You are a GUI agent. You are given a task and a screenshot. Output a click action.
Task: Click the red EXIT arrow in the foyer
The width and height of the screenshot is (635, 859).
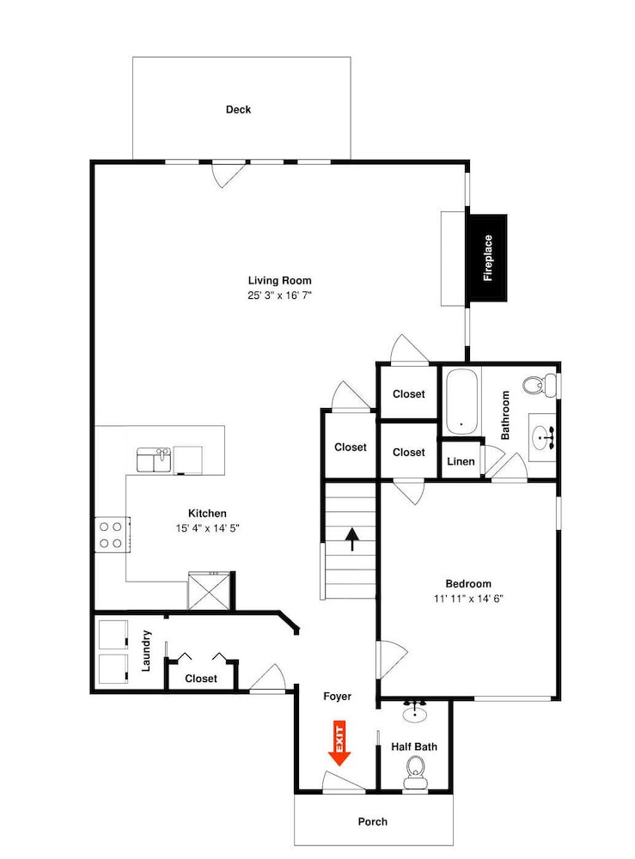pyautogui.click(x=339, y=744)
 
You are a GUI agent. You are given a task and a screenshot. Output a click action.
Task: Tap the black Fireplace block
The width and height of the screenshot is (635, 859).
pyautogui.click(x=487, y=258)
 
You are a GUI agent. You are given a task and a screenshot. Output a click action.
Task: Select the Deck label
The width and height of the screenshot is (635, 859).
pyautogui.click(x=238, y=110)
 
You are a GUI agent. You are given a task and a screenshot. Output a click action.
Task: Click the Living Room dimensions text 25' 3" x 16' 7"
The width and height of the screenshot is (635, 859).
pyautogui.click(x=279, y=295)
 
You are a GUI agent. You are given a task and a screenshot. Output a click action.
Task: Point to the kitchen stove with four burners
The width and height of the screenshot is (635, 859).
pyautogui.click(x=112, y=535)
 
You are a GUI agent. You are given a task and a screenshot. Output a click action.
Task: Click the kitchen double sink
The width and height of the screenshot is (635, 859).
pyautogui.click(x=154, y=460)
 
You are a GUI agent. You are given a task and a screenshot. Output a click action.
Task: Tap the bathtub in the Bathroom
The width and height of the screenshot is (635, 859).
pyautogui.click(x=461, y=401)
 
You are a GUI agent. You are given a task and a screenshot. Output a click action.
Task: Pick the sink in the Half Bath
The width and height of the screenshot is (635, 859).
pyautogui.click(x=415, y=711)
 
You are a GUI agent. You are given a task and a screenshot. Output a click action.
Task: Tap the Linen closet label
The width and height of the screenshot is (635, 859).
pyautogui.click(x=461, y=461)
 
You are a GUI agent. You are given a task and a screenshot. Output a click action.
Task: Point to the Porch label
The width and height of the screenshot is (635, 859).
pyautogui.click(x=373, y=822)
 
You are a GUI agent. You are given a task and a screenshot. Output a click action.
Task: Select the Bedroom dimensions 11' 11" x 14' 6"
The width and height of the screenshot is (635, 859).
pyautogui.click(x=468, y=599)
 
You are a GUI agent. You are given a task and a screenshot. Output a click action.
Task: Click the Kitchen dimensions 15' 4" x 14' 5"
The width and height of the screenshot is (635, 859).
pyautogui.click(x=207, y=528)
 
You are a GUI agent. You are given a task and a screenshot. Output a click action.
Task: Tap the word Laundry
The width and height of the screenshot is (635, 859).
pyautogui.click(x=146, y=651)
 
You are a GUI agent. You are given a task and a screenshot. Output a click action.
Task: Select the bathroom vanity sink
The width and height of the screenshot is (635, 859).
pyautogui.click(x=543, y=438)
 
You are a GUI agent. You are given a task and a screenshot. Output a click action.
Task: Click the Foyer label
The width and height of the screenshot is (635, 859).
pyautogui.click(x=337, y=697)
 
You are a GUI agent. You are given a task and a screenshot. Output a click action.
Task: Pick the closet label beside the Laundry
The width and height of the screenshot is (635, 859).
pyautogui.click(x=201, y=679)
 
